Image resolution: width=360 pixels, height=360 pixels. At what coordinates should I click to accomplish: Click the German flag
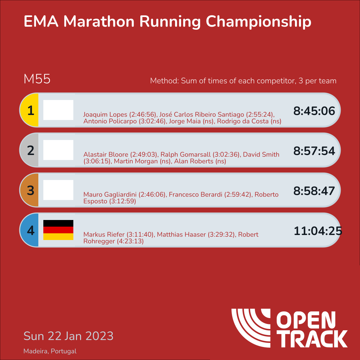(58, 230)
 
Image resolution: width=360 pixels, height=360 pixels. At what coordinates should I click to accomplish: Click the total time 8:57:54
(314, 151)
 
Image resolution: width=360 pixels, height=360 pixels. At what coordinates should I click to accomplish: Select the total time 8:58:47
(314, 191)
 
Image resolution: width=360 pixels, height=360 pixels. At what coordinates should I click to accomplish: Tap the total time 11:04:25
(318, 231)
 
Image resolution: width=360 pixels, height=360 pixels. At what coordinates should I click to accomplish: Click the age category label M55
(37, 79)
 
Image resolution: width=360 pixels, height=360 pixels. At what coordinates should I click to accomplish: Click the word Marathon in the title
(99, 22)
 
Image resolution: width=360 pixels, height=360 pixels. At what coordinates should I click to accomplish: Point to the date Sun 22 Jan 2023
(68, 336)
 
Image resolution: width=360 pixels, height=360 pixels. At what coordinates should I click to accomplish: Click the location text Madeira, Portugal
(50, 351)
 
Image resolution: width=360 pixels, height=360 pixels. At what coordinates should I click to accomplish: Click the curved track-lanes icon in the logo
(251, 328)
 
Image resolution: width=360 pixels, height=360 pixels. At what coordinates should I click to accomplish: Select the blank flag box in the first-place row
(58, 110)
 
